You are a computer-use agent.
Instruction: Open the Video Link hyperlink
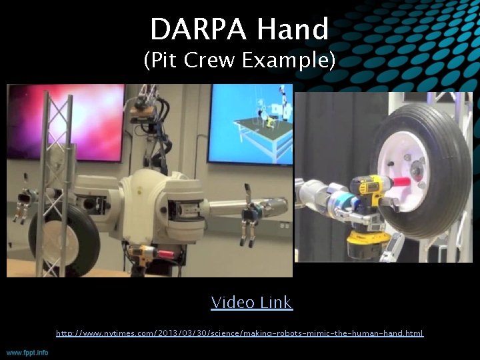click(251, 303)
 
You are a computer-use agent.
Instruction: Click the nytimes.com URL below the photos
click(239, 333)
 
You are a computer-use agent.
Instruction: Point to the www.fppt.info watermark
click(27, 352)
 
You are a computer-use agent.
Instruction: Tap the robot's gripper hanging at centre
click(249, 223)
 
